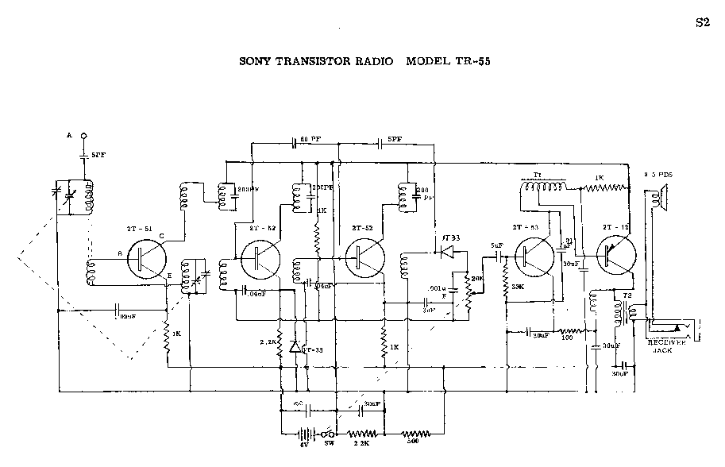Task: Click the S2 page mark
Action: click(701, 22)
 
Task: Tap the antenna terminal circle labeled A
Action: click(83, 137)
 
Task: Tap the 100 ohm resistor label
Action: click(567, 338)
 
